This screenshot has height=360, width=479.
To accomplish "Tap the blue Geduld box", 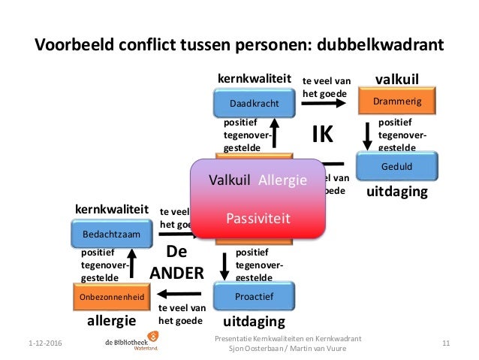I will click(396, 165).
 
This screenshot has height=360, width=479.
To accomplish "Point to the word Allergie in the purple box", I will click(282, 180).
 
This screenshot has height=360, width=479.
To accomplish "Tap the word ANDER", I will click(177, 274).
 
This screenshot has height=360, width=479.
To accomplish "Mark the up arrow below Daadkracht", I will click(274, 136).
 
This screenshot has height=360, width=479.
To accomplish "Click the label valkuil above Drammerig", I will click(396, 78).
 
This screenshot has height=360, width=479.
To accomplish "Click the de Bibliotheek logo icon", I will click(154, 337).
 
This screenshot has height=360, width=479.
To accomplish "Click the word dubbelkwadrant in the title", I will click(381, 44).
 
